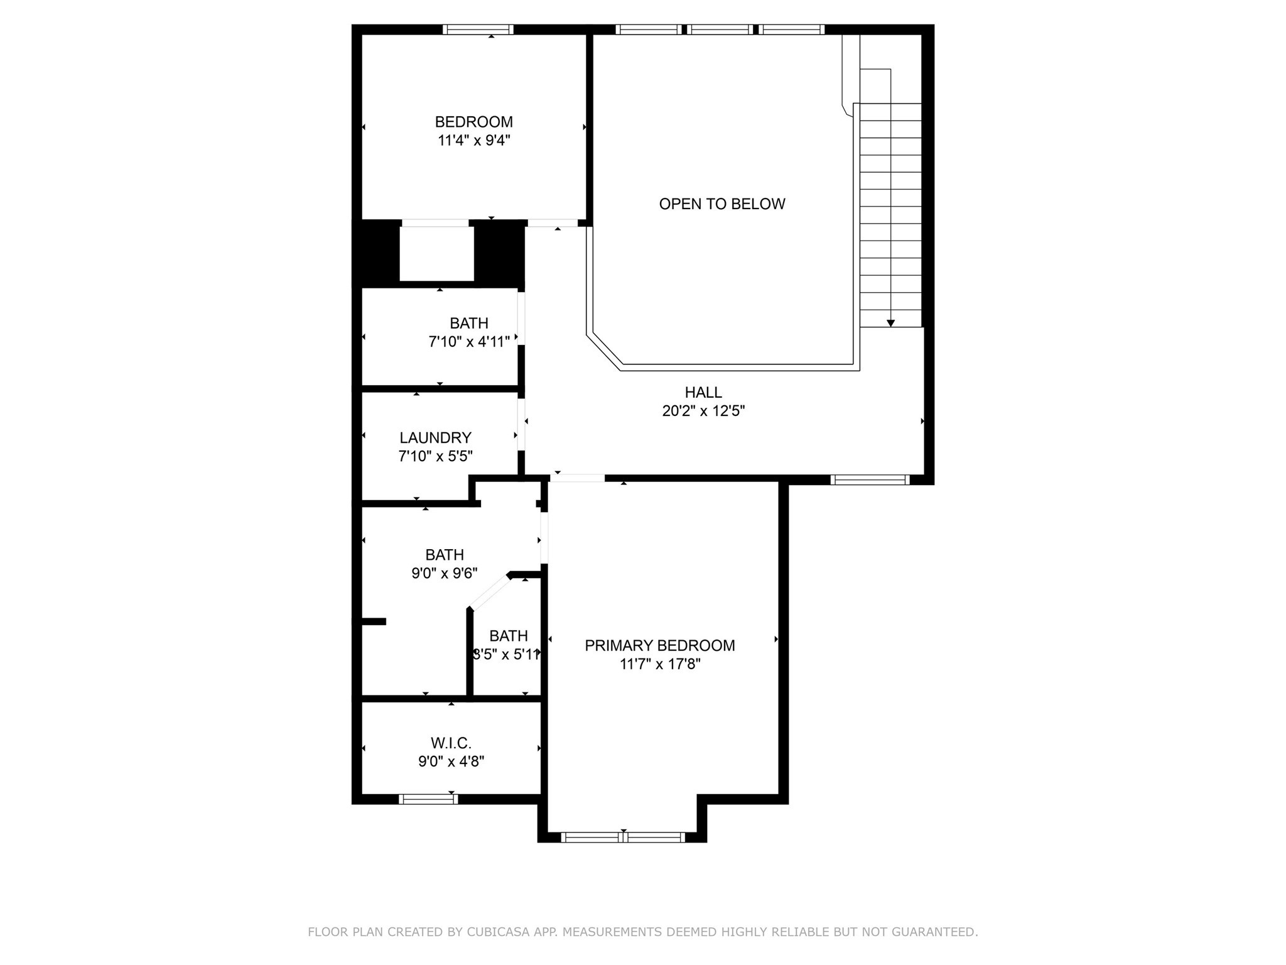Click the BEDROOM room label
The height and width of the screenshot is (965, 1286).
click(473, 122)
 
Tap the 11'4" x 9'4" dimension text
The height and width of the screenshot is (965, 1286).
click(473, 140)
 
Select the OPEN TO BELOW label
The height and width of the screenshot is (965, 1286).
click(721, 204)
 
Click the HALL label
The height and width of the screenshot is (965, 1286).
click(703, 393)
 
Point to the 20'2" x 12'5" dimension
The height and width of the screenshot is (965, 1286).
click(703, 411)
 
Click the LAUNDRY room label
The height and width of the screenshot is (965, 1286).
click(435, 438)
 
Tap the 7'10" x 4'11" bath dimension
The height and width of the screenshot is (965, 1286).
click(468, 342)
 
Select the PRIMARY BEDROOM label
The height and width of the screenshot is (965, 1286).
click(659, 645)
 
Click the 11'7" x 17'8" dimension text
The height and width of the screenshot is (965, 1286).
click(659, 664)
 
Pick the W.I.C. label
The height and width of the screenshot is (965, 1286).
click(451, 743)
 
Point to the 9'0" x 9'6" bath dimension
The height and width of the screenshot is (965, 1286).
click(444, 573)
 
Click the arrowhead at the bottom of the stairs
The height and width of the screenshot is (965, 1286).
click(890, 323)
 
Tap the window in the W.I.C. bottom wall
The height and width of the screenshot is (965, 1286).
click(428, 799)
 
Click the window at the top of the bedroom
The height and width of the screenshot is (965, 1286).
click(478, 30)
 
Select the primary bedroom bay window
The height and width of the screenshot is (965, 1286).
click(622, 837)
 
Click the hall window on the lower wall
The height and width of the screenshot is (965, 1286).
click(870, 480)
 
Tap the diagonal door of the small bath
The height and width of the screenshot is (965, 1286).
click(490, 592)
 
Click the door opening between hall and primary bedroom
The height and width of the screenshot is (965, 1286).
click(577, 478)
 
